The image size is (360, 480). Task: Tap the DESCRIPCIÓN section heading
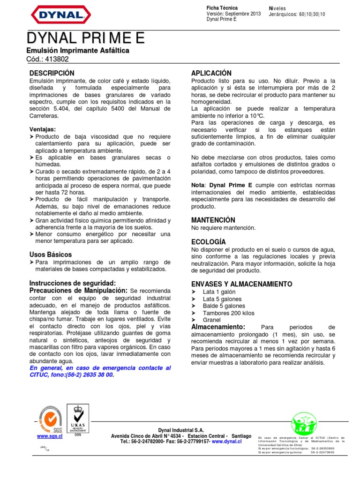pyautogui.click(x=52, y=73)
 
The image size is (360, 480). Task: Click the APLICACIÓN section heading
pyautogui.click(x=211, y=73)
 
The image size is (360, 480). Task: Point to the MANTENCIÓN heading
pyautogui.click(x=213, y=220)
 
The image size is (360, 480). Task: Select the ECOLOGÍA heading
pyautogui.click(x=209, y=241)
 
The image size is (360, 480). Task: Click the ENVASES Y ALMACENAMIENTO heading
pyautogui.click(x=241, y=284)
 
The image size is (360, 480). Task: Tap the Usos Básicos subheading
pyautogui.click(x=51, y=254)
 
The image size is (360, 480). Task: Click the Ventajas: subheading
pyautogui.click(x=43, y=129)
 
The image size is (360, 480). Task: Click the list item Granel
pyautogui.click(x=212, y=320)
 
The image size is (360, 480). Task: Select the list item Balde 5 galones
pyautogui.click(x=224, y=306)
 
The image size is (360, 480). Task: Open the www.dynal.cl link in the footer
pyautogui.click(x=226, y=442)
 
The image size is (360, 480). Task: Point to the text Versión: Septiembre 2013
pyautogui.click(x=233, y=14)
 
